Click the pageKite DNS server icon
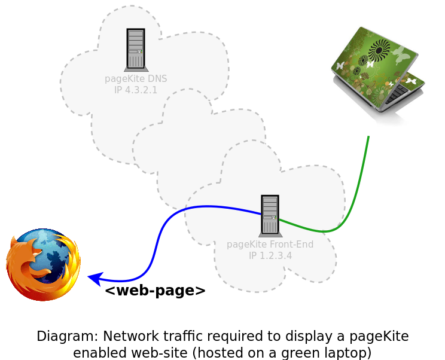pyautogui.click(x=136, y=50)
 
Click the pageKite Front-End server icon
pyautogui.click(x=270, y=216)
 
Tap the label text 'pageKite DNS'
pyautogui.click(x=136, y=78)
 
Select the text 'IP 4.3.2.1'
pyautogui.click(x=136, y=90)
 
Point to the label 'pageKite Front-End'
pyautogui.click(x=270, y=244)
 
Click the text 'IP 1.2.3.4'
pyautogui.click(x=270, y=255)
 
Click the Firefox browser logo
pyautogui.click(x=43, y=264)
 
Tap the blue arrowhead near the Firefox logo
pyautogui.click(x=95, y=278)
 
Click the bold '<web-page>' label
pyautogui.click(x=156, y=291)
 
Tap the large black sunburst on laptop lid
pyautogui.click(x=379, y=50)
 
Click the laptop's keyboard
pyautogui.click(x=397, y=94)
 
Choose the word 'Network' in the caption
pyautogui.click(x=131, y=336)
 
